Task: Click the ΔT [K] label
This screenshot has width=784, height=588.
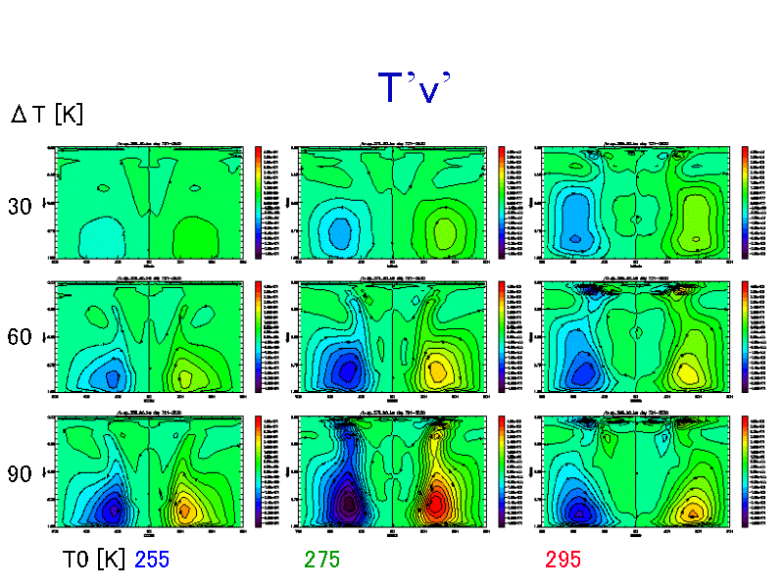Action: click(x=47, y=115)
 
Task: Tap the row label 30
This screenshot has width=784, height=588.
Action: click(x=21, y=207)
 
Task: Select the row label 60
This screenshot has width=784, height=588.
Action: click(x=21, y=338)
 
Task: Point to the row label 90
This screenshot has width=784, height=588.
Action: click(x=21, y=474)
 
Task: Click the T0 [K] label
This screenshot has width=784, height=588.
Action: click(x=92, y=560)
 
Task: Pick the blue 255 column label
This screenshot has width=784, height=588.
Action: click(x=159, y=560)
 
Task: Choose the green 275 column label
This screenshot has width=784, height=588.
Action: click(x=323, y=560)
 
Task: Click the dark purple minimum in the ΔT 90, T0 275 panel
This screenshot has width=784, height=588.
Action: click(x=346, y=504)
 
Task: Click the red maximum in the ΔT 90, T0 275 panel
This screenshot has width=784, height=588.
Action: click(x=437, y=502)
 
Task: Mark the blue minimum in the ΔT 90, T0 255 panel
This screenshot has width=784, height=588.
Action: click(x=113, y=509)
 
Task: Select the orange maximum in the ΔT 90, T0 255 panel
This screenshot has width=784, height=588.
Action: click(x=183, y=509)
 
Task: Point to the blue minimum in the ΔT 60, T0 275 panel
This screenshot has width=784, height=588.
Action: click(x=345, y=370)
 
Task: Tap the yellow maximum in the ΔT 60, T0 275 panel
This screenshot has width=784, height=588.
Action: click(x=437, y=368)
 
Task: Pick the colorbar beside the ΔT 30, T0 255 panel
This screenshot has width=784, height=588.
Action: click(x=260, y=201)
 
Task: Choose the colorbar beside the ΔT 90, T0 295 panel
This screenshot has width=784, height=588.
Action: click(x=745, y=470)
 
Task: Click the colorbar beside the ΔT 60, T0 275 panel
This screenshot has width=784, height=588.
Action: click(x=502, y=337)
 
